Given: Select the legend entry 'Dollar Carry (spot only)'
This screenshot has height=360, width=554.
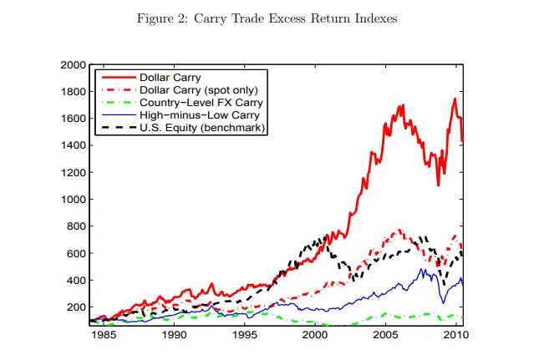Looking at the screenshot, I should [x=198, y=90].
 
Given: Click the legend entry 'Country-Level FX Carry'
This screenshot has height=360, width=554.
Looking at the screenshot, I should [x=194, y=103].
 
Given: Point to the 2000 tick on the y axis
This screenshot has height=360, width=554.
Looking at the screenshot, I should [x=74, y=64].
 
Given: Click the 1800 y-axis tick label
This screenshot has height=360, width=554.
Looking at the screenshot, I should [x=74, y=92].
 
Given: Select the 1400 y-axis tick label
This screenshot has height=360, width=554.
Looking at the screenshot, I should [x=74, y=145].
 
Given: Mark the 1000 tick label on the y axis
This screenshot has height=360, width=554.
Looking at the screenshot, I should [x=74, y=200].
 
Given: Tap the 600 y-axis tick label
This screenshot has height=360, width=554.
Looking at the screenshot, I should [x=76, y=253].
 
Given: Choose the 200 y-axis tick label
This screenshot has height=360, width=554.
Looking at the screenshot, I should [x=76, y=307].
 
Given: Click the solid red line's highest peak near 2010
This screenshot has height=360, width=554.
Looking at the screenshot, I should [x=455, y=99].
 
